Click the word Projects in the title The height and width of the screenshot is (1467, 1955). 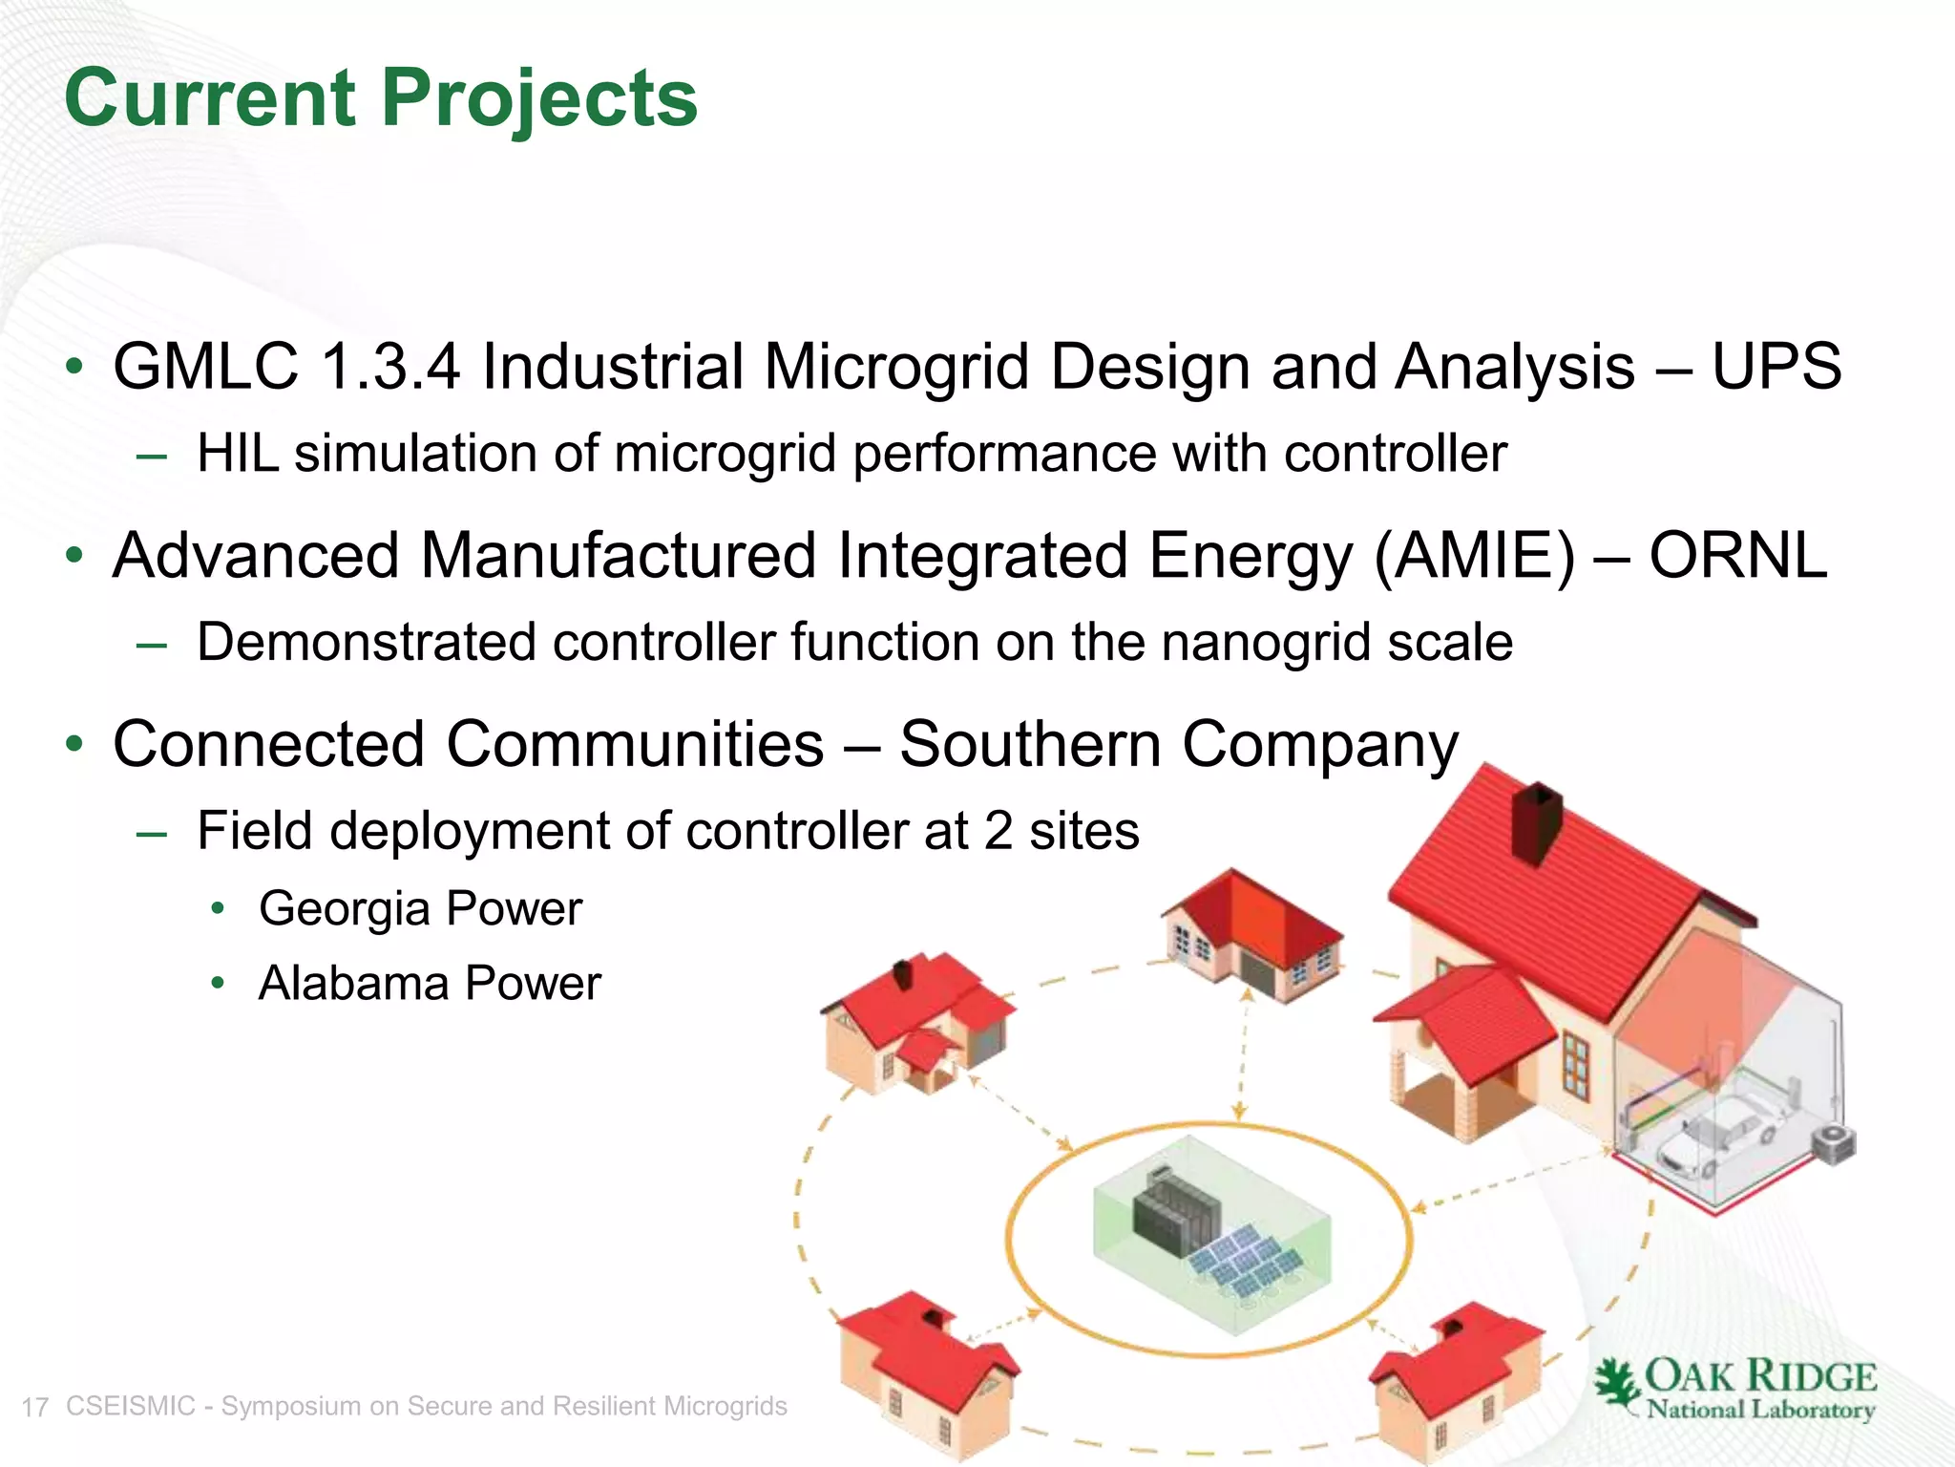coord(539,99)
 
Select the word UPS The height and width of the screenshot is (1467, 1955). coord(1776,367)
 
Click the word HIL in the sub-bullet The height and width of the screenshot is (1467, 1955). coord(238,453)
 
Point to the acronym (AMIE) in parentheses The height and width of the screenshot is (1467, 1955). coord(1474,556)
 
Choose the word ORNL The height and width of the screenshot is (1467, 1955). coord(1737,556)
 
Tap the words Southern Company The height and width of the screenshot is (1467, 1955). coord(1178,744)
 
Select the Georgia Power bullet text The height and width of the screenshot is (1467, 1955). coord(420,908)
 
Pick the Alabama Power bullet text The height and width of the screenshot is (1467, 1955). coord(430,984)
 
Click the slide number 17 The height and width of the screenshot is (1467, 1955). coord(35,1408)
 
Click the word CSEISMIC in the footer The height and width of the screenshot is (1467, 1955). coord(130,1406)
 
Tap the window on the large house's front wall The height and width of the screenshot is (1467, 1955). coord(1576,1066)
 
